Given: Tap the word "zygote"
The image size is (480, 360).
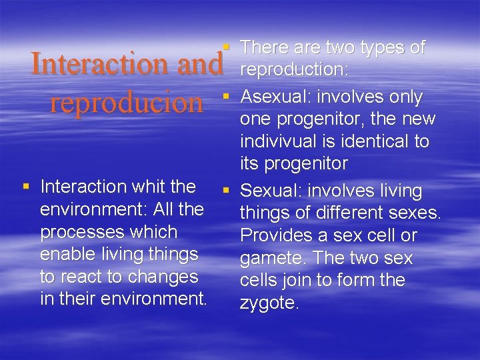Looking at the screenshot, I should [x=268, y=303].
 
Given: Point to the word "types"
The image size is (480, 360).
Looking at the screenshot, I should [x=381, y=47].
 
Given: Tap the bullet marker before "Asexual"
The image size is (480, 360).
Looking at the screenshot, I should [x=227, y=97].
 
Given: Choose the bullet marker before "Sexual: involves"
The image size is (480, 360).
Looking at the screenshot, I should [x=227, y=191].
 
